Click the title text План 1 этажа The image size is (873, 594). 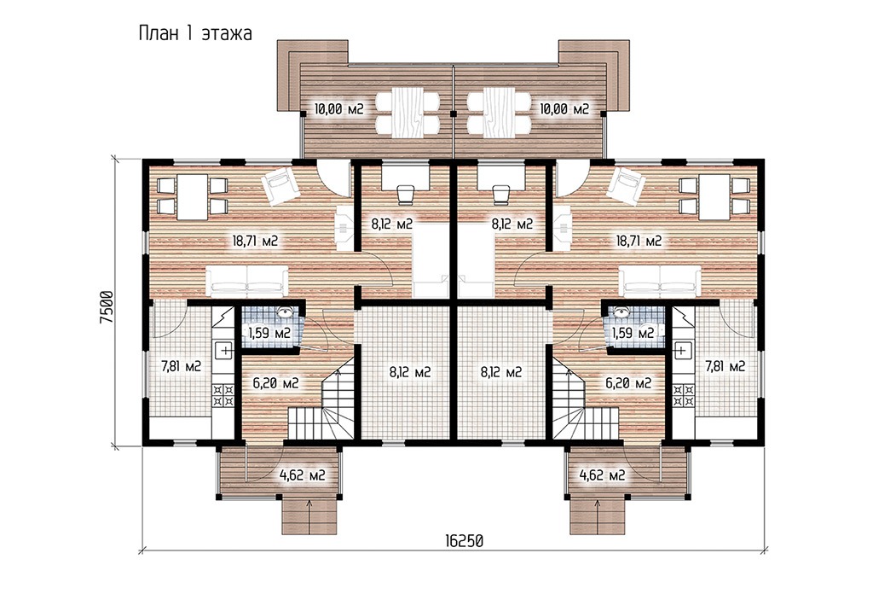pos(195,33)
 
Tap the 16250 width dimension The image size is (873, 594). pos(464,540)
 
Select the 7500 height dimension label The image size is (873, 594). pos(108,309)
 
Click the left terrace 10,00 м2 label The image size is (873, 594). pos(338,108)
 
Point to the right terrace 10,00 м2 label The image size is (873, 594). pos(564,108)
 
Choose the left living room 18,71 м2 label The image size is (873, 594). pos(255,241)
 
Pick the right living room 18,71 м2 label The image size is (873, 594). pos(639,241)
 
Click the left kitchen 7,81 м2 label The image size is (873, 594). pos(181,366)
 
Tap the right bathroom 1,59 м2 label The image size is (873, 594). pos(633,333)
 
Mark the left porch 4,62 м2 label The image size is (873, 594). pos(302,475)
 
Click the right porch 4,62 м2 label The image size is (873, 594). pos(602,475)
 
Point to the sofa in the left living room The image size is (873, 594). pos(248,282)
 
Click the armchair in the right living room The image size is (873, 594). pos(627,185)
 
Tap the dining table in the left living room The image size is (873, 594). pos(193,197)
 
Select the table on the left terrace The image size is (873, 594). pos(408,113)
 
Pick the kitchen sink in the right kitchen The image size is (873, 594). pos(681,351)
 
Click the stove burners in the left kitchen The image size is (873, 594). pos(223,395)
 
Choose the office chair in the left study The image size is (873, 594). pos(405,192)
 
